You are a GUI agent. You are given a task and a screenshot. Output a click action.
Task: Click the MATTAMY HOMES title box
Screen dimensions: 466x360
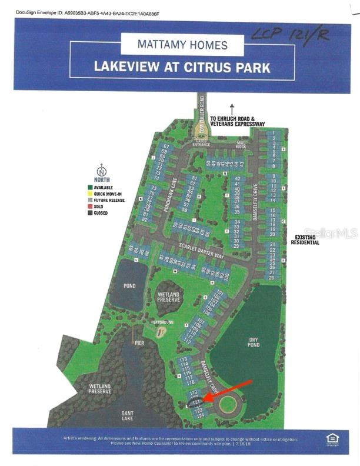(182, 44)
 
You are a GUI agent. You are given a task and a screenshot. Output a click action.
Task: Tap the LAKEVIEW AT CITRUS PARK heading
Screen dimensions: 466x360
(182, 66)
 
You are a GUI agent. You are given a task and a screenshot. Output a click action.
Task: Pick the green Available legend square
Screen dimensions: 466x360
(90, 187)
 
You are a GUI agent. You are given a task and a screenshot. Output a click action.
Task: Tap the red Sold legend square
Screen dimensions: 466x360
(90, 207)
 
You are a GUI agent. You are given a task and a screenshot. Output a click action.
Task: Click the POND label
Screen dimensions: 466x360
(129, 286)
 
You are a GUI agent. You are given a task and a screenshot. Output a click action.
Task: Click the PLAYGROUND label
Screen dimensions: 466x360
(162, 322)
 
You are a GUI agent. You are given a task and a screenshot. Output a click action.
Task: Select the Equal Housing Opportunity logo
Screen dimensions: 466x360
(332, 438)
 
